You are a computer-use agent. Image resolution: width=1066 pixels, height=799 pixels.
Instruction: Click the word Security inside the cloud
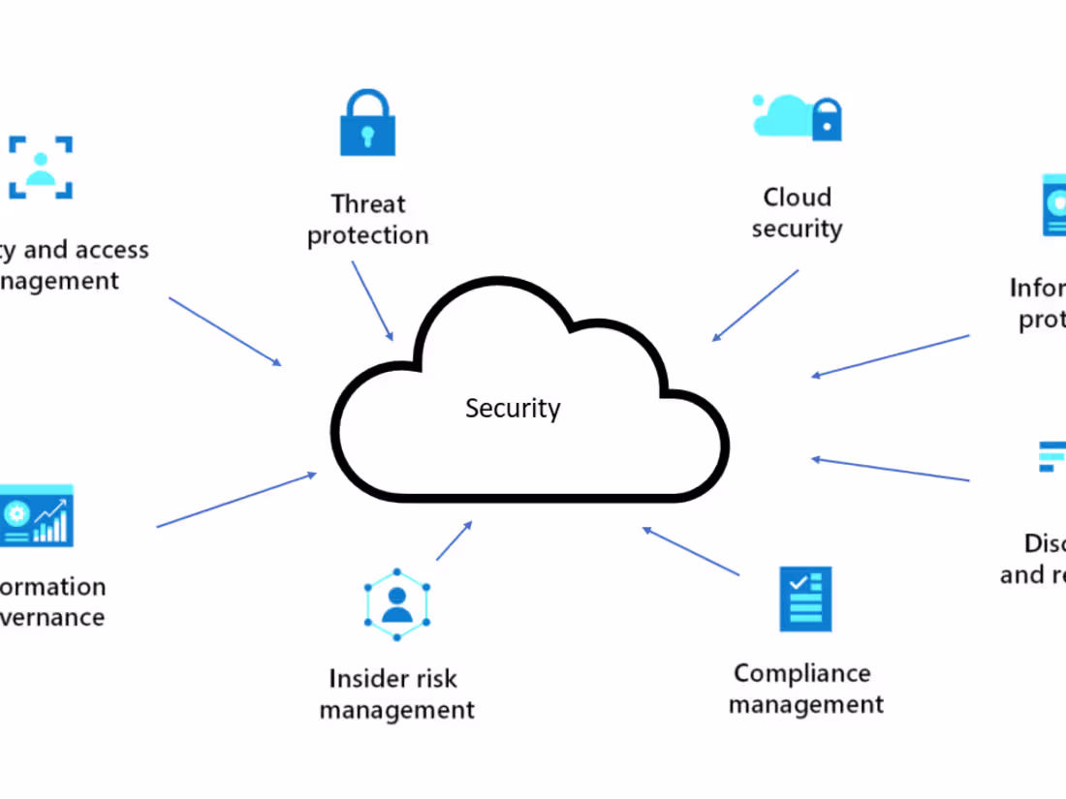513,408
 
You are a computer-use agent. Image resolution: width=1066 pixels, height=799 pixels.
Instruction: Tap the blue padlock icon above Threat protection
367,123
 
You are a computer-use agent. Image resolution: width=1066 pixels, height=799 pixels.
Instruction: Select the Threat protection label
368,220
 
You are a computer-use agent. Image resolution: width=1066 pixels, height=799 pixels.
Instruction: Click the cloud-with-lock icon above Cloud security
798,117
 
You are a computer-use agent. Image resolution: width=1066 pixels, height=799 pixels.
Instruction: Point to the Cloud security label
798,213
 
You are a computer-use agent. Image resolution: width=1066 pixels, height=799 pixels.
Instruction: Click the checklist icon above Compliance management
805,599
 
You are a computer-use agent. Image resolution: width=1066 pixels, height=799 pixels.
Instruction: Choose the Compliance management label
805,689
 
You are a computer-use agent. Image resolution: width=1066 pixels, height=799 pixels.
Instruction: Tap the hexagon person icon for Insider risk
396,604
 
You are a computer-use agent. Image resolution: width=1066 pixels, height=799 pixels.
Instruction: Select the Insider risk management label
397,694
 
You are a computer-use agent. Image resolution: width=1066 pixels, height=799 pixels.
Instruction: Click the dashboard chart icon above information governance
37,515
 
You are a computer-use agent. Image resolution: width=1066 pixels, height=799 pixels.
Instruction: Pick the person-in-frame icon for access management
41,167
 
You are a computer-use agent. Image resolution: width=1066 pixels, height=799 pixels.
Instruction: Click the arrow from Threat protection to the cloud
373,300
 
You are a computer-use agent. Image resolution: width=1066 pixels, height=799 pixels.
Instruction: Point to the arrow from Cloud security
756,305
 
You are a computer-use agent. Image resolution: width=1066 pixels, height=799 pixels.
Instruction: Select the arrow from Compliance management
691,551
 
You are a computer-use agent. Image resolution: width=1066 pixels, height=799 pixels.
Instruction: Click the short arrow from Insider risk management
454,541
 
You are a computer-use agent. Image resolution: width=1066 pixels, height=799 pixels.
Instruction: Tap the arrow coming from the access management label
225,331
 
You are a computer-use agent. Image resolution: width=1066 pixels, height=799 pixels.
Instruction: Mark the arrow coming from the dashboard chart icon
236,500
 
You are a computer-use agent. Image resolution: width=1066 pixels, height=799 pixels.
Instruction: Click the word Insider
363,679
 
